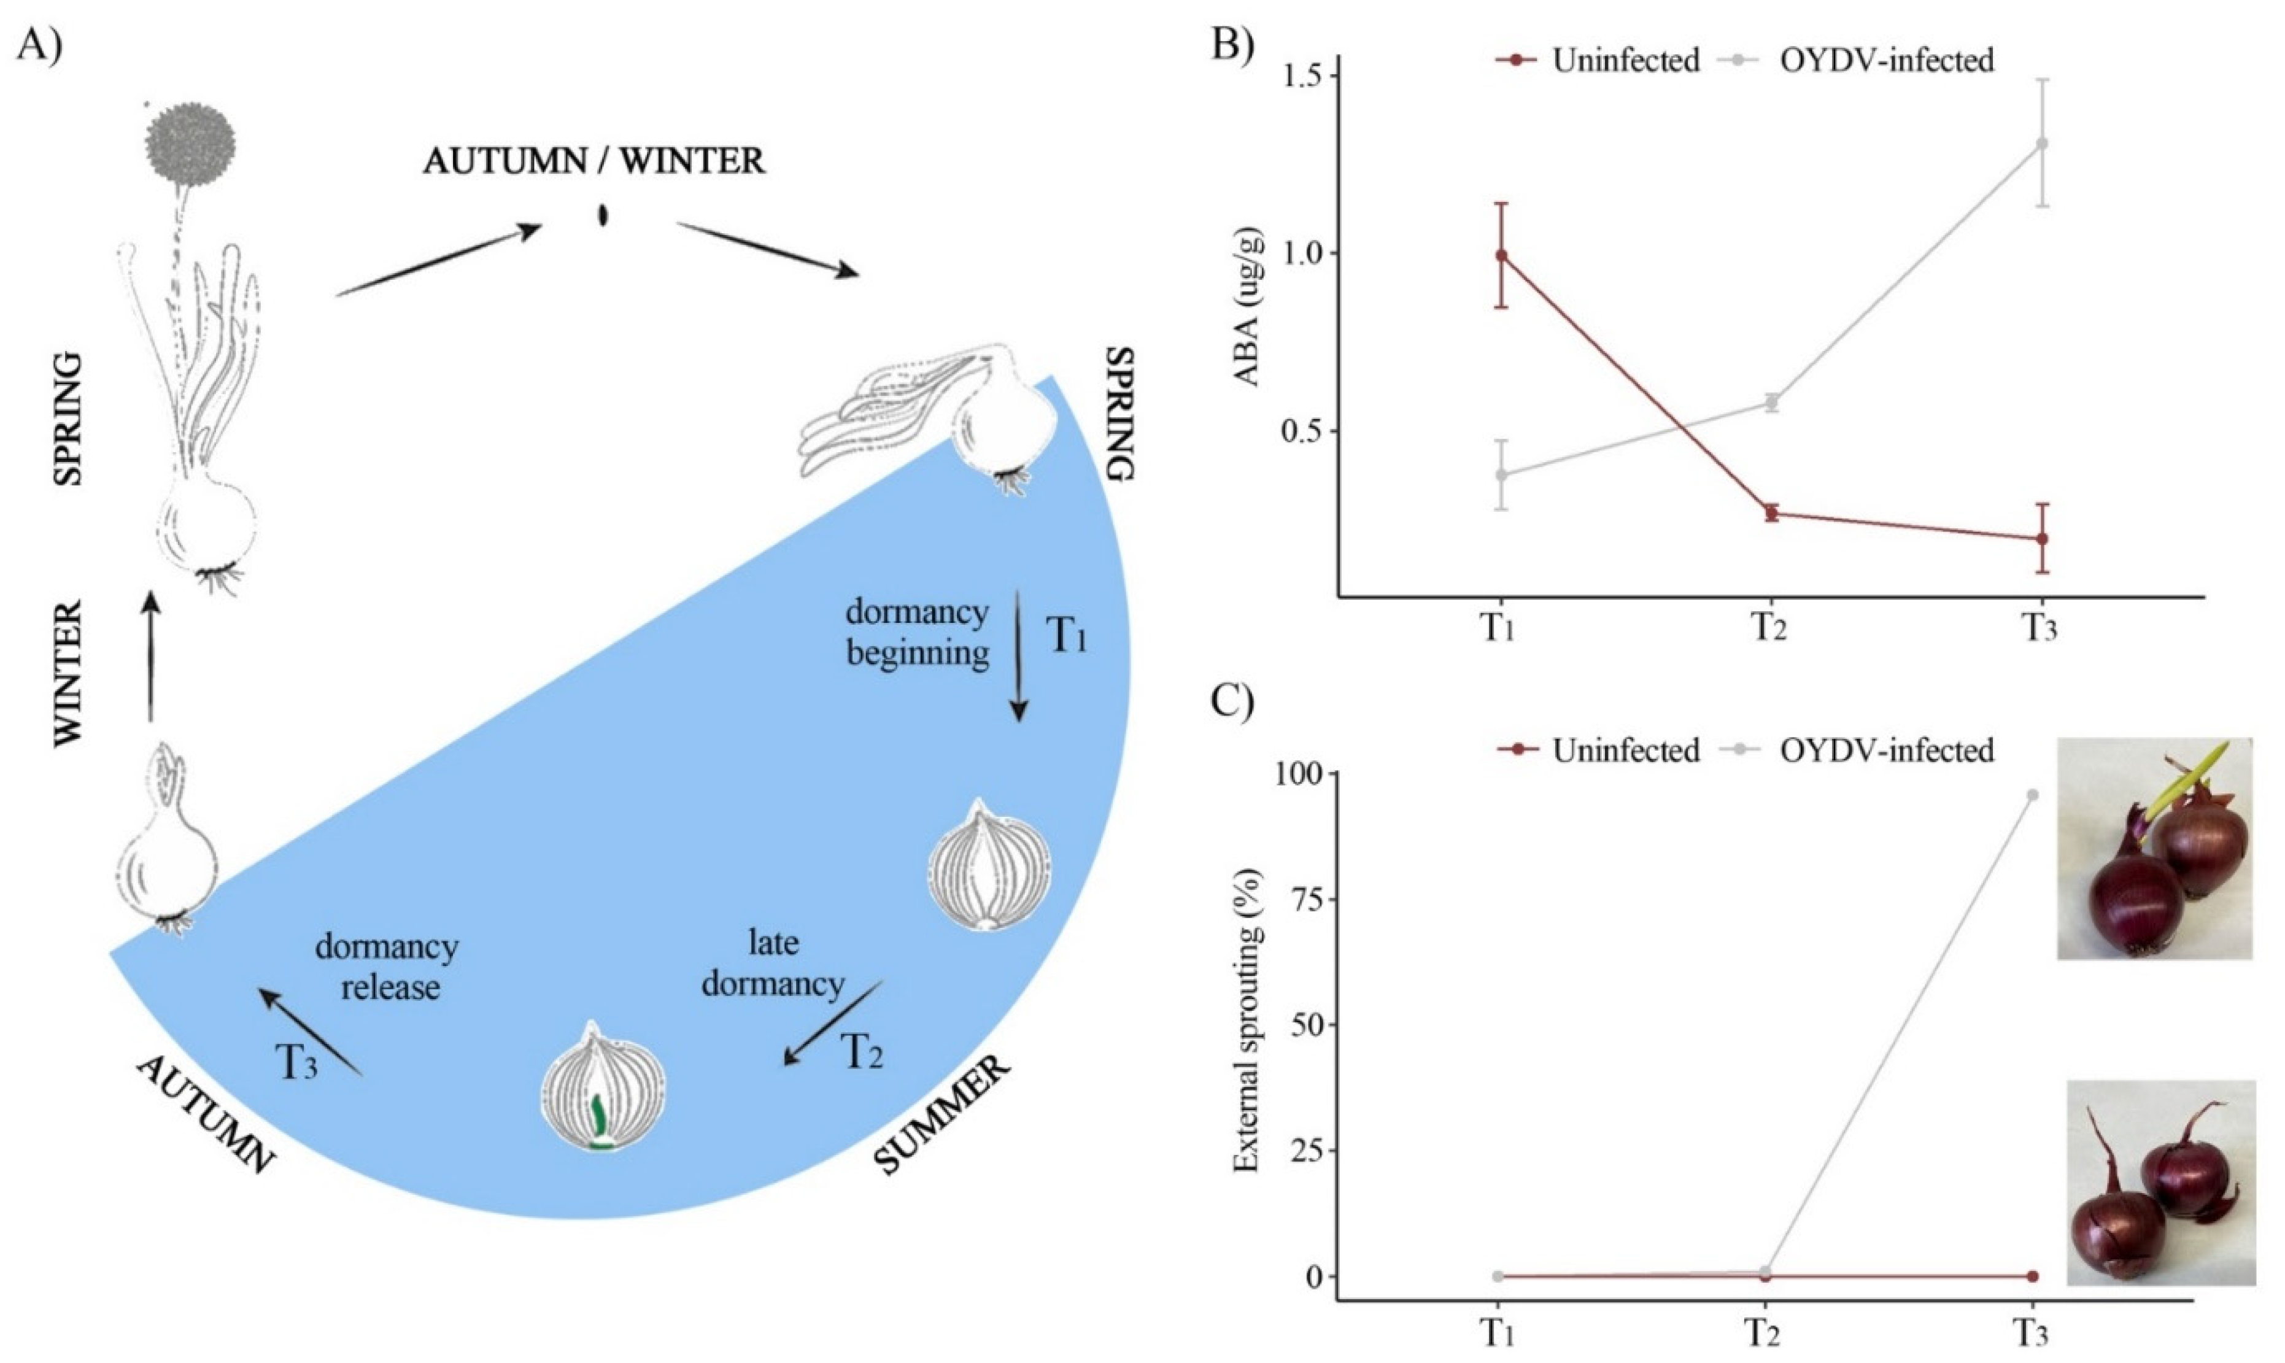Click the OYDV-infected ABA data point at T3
[x=2034, y=143]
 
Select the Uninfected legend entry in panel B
[x=1598, y=61]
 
